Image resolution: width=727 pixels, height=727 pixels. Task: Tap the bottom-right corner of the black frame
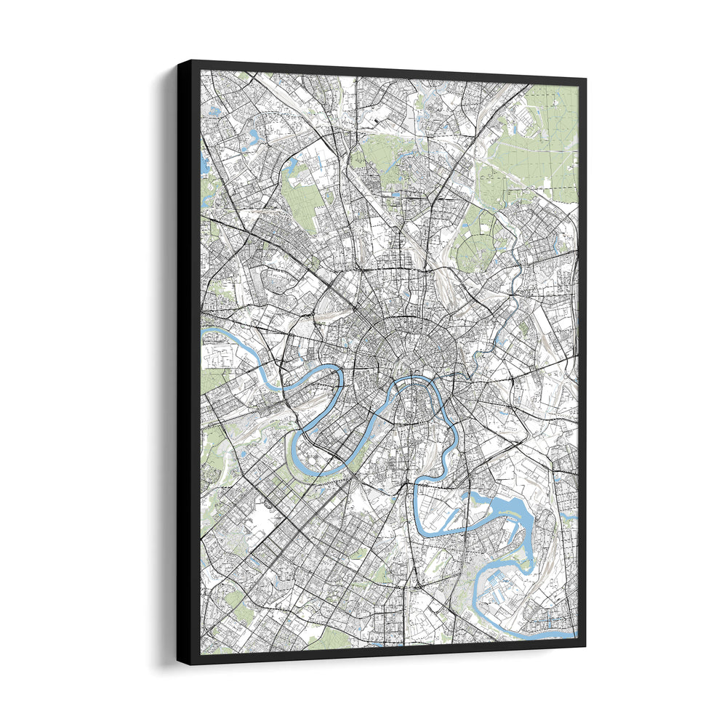tap(585, 645)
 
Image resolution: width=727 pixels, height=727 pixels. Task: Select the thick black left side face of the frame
tap(188, 363)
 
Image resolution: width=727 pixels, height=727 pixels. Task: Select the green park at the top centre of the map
tap(378, 156)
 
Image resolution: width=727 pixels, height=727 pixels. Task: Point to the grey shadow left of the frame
tap(164, 363)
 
